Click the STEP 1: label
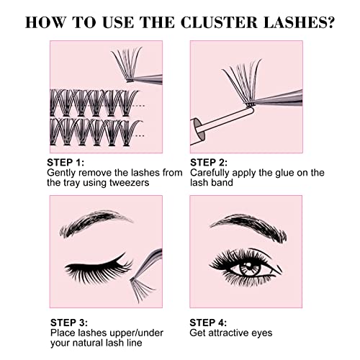pyautogui.click(x=66, y=162)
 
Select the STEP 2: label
pyautogui.click(x=210, y=162)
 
